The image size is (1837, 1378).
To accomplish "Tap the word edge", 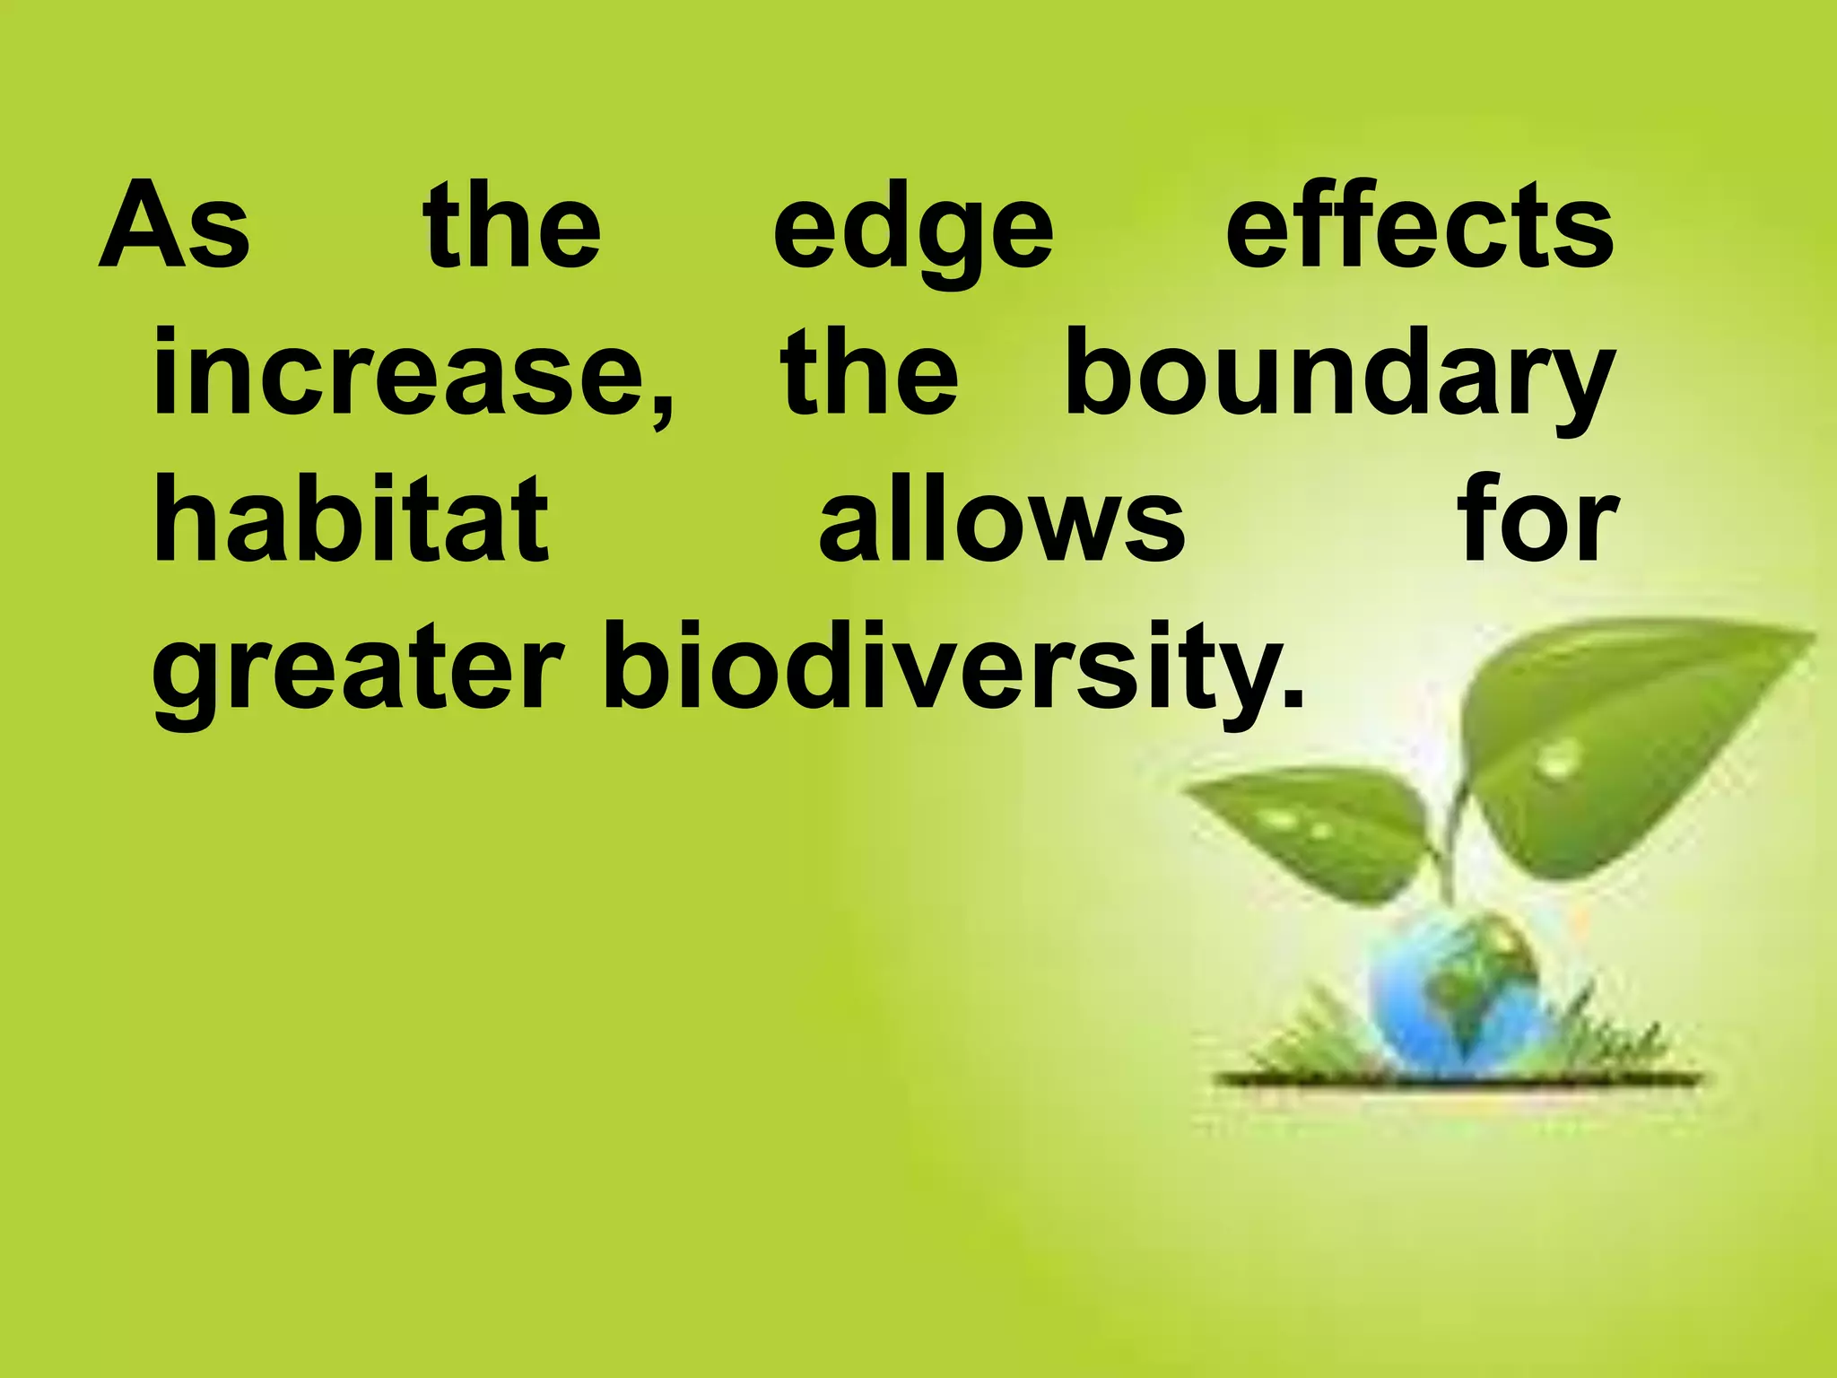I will pyautogui.click(x=913, y=231).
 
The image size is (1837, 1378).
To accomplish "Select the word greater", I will pyautogui.click(x=358, y=673).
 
